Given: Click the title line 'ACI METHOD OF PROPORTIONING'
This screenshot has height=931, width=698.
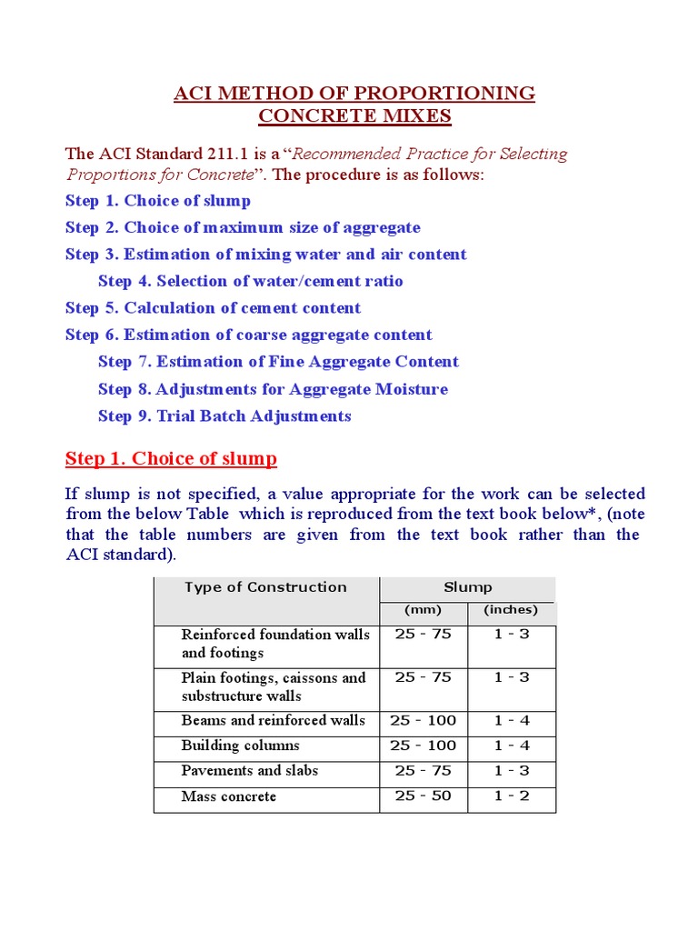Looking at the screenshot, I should pos(354,93).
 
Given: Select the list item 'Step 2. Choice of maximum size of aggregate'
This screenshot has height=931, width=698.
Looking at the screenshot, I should pos(243,227).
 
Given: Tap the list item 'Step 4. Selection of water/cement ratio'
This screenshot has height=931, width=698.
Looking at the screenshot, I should pos(250,281).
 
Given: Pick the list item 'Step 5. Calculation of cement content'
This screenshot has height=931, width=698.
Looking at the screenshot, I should pos(213,308).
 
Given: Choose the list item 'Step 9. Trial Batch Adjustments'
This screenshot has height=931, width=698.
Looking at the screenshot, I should pos(224,415).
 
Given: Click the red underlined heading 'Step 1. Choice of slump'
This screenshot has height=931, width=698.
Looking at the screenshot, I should pos(171,458).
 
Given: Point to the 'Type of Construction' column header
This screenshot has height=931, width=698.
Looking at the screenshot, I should pos(265,587).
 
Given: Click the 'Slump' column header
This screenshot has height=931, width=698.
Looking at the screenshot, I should pos(468,587).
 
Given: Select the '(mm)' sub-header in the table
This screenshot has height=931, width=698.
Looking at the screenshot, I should pos(423,610).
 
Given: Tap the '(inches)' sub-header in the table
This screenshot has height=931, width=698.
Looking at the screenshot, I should pos(511,610).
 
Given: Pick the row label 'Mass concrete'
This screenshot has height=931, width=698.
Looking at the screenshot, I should pos(228,796).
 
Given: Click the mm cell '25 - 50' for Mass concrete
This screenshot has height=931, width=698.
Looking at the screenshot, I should pos(423,796).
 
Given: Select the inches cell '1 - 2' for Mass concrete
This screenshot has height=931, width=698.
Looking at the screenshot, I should pos(512,796).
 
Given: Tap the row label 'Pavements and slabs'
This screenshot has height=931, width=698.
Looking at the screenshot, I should pos(249,771).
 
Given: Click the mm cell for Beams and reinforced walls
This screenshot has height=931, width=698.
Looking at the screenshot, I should pos(423,720).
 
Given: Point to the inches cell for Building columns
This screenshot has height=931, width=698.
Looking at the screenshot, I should pos(512,746).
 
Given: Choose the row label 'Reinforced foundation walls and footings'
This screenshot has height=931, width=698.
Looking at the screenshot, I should pos(275,643).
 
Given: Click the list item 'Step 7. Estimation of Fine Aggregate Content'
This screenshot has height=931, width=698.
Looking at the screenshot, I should pos(278,362).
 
